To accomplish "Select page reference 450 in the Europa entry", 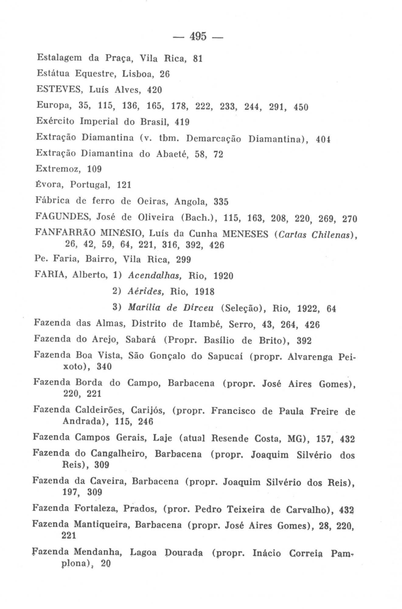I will (301, 107).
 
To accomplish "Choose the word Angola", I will (191, 202).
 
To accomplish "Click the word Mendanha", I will (98, 552).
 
